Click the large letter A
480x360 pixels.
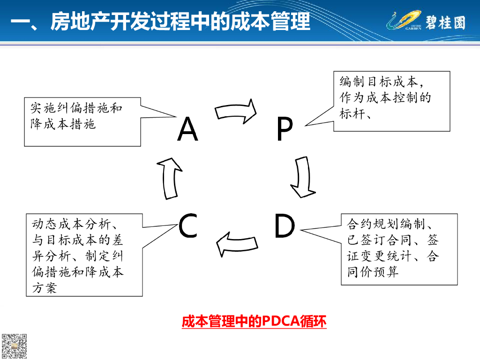pyautogui.click(x=187, y=129)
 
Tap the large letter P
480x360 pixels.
pyautogui.click(x=284, y=130)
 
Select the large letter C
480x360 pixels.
pyautogui.click(x=188, y=226)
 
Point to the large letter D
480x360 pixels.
pyautogui.click(x=284, y=226)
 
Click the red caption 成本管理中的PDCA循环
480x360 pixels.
pyautogui.click(x=254, y=322)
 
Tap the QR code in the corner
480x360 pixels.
pyautogui.click(x=14, y=346)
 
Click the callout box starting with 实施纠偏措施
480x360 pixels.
pyautogui.click(x=82, y=122)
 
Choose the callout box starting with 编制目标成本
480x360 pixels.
pyautogui.click(x=391, y=101)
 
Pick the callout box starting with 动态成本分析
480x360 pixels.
pyautogui.click(x=84, y=255)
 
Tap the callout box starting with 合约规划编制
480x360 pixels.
pyautogui.click(x=399, y=249)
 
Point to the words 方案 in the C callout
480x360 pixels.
pyautogui.click(x=45, y=288)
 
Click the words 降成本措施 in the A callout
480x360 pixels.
pyautogui.click(x=63, y=124)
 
